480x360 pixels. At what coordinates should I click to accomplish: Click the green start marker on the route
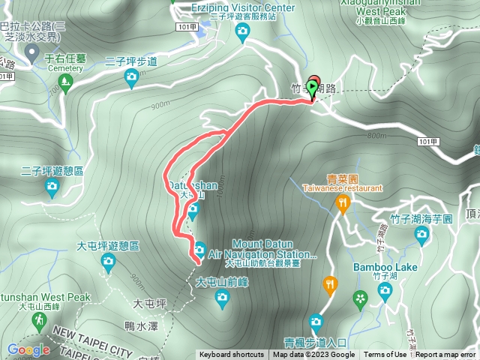pos(313,86)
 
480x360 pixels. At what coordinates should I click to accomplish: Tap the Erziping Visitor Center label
pos(241,7)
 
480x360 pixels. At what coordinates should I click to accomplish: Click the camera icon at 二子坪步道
pos(132,75)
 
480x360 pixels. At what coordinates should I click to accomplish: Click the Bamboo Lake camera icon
pos(385,290)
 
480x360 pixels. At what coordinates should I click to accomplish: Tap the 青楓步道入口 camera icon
pos(316,322)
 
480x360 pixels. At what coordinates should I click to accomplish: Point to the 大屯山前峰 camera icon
pos(222,298)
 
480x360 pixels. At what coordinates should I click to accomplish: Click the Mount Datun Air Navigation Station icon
pos(200,248)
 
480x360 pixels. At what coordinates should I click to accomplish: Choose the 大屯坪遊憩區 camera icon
pos(109,262)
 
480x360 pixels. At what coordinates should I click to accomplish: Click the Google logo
pos(28,349)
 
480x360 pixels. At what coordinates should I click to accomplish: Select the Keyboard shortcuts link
pos(231,355)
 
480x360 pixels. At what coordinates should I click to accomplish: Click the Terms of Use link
pos(385,355)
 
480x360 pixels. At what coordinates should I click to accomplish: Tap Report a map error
pos(445,355)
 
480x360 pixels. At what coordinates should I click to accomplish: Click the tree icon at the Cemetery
pos(65,79)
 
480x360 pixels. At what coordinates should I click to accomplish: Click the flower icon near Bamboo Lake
pos(361,299)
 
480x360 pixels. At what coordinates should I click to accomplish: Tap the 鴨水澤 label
pos(141,326)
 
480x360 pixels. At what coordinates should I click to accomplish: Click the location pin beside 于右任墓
pos(32,52)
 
